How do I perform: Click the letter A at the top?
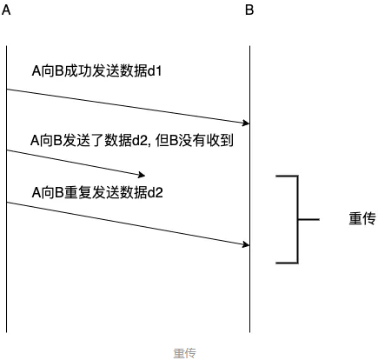[6, 10]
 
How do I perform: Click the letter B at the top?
[249, 10]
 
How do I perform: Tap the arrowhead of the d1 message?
[246, 123]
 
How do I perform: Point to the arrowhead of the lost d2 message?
[142, 175]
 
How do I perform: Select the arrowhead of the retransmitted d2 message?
[246, 244]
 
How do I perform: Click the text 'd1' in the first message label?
[155, 71]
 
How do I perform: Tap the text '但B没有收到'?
[195, 141]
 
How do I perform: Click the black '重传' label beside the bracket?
[362, 219]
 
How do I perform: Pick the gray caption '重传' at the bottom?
[185, 353]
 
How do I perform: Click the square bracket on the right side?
[298, 219]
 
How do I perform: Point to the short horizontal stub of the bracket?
[308, 219]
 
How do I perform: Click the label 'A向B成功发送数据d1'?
[96, 71]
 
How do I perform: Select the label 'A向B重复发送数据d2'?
[97, 192]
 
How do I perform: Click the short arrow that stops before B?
[76, 163]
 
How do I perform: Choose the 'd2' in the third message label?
[156, 192]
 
